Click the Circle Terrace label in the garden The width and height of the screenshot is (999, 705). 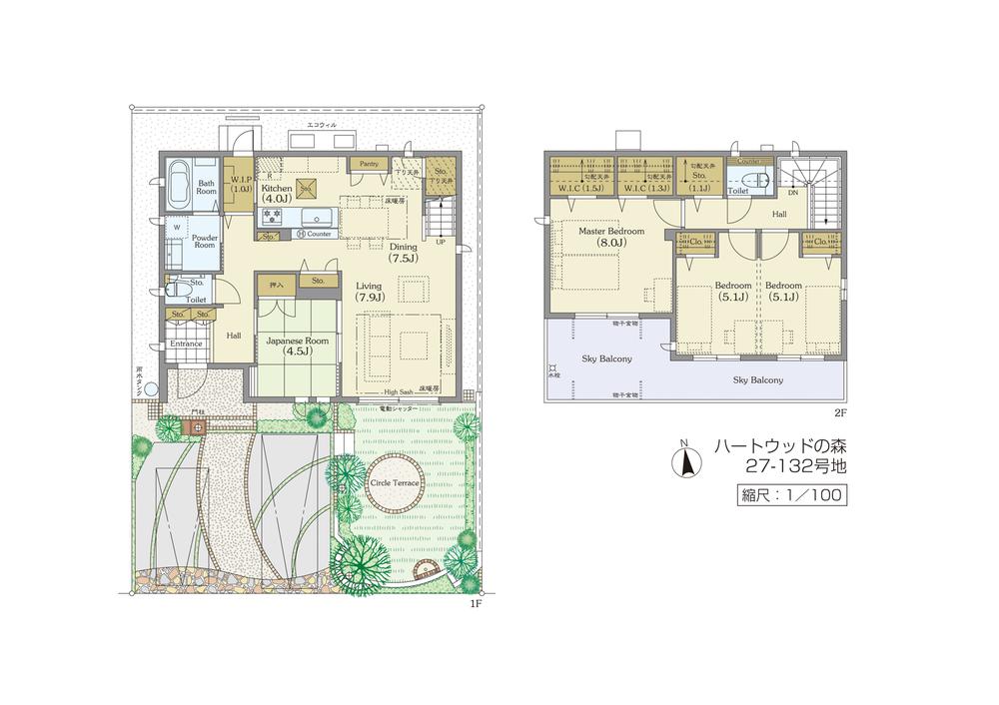[x=395, y=483]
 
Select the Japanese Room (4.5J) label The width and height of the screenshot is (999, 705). [x=297, y=345]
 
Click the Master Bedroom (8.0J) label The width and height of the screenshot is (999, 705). [x=611, y=237]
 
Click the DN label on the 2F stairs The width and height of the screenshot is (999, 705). [x=792, y=192]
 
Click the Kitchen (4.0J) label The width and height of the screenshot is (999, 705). [x=277, y=194]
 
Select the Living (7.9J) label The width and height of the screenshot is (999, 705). [x=371, y=291]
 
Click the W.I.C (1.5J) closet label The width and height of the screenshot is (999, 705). [x=578, y=188]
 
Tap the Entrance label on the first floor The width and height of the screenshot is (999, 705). [x=185, y=344]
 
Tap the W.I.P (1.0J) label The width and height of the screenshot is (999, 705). [x=240, y=184]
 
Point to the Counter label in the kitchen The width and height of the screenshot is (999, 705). [x=318, y=234]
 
